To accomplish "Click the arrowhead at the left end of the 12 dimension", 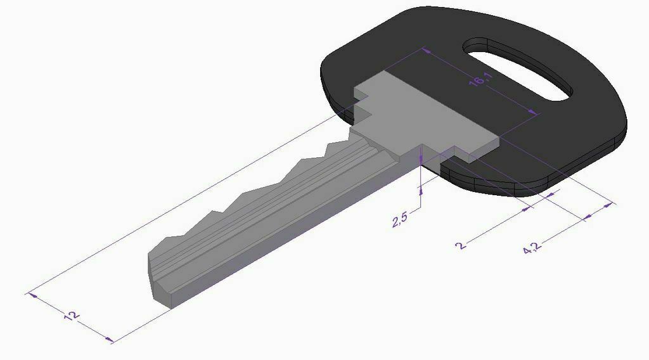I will pos(33,295).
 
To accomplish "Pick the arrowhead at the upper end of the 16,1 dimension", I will pos(425,51).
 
